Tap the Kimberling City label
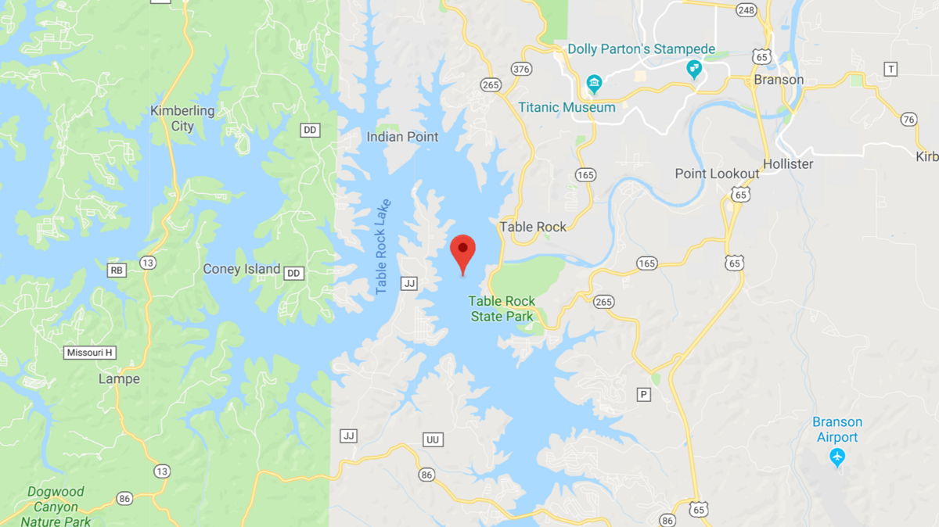(x=182, y=118)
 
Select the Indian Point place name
(x=402, y=137)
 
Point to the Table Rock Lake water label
(x=383, y=246)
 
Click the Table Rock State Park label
(x=502, y=308)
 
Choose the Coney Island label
(x=241, y=269)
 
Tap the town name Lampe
(x=119, y=378)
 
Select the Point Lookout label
(x=717, y=174)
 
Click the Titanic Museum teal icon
(x=594, y=83)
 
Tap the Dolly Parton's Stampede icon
(x=693, y=70)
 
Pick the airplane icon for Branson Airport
(x=838, y=457)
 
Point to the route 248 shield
(x=746, y=9)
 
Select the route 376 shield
(x=522, y=69)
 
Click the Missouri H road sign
(x=89, y=353)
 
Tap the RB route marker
(x=116, y=270)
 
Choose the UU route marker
(x=433, y=439)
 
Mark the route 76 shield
(x=908, y=119)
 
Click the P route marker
(x=644, y=395)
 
